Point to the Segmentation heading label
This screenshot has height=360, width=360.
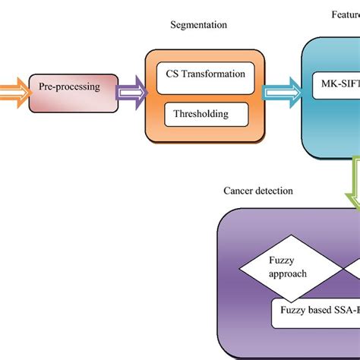coord(199,25)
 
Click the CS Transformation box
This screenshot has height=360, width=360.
coord(205,74)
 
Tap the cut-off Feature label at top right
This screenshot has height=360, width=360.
coord(345,14)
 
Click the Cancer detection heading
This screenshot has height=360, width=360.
coord(257,191)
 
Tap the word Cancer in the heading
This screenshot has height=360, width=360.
coord(238,191)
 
